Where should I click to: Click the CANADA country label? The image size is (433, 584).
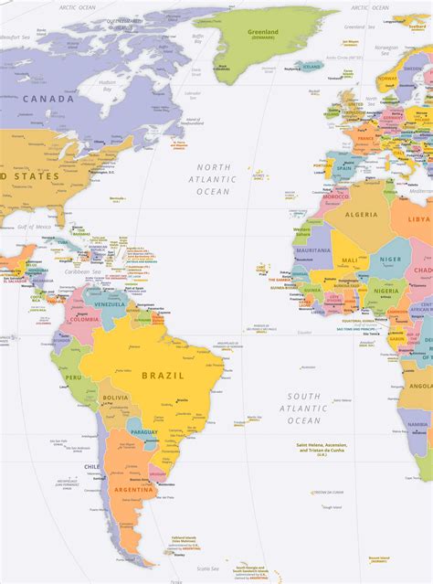[48, 99]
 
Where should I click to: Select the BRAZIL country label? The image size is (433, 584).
[163, 375]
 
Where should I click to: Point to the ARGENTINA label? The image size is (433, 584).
[132, 490]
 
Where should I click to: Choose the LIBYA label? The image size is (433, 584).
[418, 219]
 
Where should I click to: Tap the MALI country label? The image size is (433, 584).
[350, 260]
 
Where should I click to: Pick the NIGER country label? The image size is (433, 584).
[390, 260]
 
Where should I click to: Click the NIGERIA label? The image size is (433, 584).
[386, 292]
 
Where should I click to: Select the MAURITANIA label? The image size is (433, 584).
[313, 250]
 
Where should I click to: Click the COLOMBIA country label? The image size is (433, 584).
[84, 319]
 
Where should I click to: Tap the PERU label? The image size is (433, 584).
[73, 377]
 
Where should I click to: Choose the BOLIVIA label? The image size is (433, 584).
[116, 398]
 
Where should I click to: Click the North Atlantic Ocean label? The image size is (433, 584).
[215, 179]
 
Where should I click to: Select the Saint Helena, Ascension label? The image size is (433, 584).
[322, 449]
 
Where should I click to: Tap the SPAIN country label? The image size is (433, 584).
[343, 168]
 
